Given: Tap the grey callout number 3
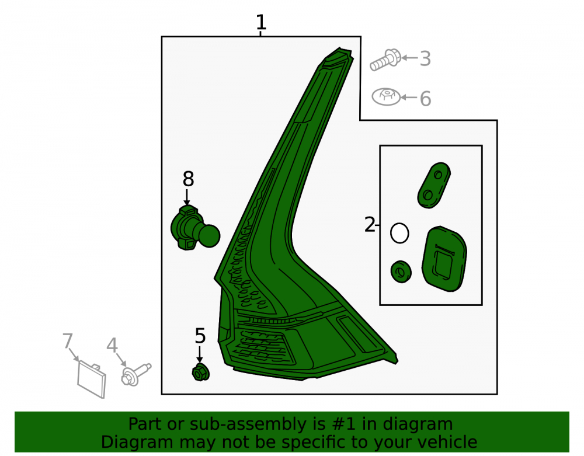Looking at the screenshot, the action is point(425,58).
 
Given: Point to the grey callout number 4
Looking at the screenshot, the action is point(112,345).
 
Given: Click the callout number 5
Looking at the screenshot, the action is point(200,336).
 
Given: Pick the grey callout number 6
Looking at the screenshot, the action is point(425,99).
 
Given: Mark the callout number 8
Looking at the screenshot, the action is point(188,179).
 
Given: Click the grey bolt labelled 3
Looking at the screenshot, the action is point(385,60).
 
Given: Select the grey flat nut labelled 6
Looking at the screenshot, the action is point(386,97).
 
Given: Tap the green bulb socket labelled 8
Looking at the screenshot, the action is point(195,228).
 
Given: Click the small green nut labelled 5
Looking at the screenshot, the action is point(200,373).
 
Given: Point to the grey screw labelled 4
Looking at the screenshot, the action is point(136,374).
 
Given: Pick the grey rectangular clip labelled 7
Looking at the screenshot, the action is point(92,379).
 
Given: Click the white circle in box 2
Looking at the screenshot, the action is point(399,233).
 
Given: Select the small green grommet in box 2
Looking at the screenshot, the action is point(401,271).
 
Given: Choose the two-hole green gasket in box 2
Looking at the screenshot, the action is point(434,185).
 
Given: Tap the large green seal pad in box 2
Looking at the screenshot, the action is point(444,259).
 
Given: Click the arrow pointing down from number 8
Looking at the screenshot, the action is point(187,197).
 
